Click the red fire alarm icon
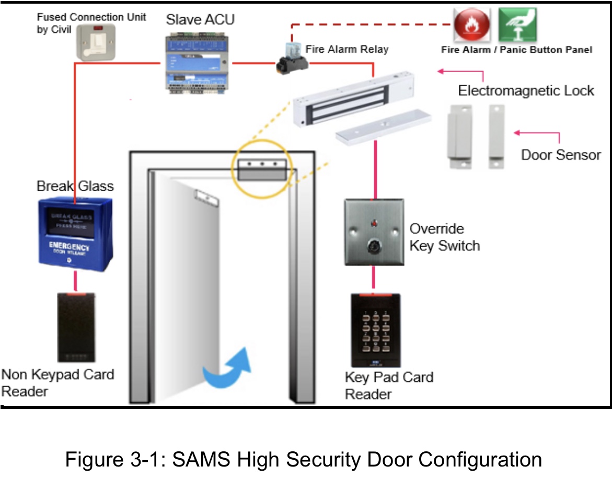click(x=472, y=26)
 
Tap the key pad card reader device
click(x=375, y=330)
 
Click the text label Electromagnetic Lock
click(x=526, y=90)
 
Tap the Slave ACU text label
click(x=200, y=20)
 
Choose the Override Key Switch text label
click(x=444, y=237)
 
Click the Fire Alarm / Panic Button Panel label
click(x=516, y=50)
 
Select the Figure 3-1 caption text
click(x=303, y=460)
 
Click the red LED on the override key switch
click(x=374, y=224)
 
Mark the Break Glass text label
click(x=75, y=186)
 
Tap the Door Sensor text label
click(x=561, y=155)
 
